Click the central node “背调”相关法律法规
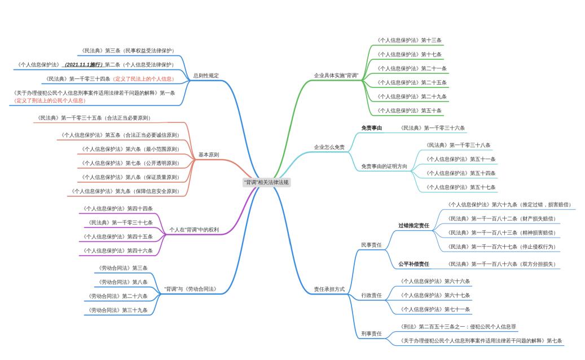[266, 182]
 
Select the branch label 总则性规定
[206, 75]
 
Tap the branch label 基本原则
[209, 155]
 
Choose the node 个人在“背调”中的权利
[194, 230]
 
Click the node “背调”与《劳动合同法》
[190, 289]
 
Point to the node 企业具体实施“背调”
[336, 75]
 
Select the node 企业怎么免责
[329, 147]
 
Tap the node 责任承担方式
[329, 289]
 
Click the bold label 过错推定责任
[414, 226]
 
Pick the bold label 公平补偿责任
[414, 264]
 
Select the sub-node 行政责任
[371, 295]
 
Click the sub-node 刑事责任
[371, 333]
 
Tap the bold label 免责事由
[372, 128]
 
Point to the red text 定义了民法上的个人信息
[144, 79]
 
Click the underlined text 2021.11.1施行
[83, 65]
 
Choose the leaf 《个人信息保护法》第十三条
[409, 41]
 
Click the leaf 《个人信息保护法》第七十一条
[434, 309]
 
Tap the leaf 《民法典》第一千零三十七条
[120, 223]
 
